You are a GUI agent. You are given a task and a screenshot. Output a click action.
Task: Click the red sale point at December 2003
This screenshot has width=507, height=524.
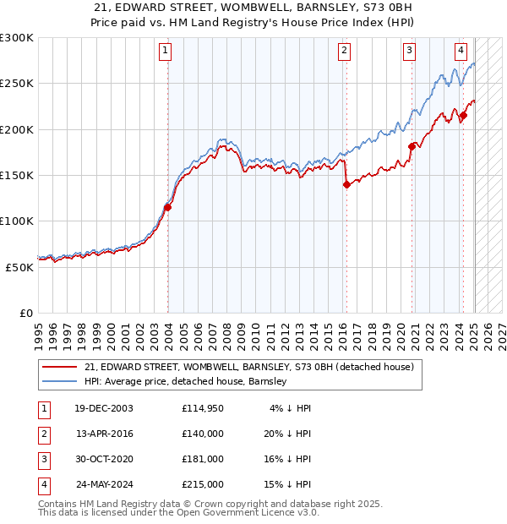click(167, 207)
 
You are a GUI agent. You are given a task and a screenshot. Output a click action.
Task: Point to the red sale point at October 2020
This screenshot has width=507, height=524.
click(412, 146)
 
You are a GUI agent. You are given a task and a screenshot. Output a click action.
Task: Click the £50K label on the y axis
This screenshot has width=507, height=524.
click(19, 267)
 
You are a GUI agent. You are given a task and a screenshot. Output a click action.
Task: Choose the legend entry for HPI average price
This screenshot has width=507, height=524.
click(185, 381)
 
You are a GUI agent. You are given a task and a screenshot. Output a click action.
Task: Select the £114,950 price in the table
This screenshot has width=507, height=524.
click(203, 408)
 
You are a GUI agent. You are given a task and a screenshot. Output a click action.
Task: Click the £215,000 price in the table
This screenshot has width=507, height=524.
click(203, 484)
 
